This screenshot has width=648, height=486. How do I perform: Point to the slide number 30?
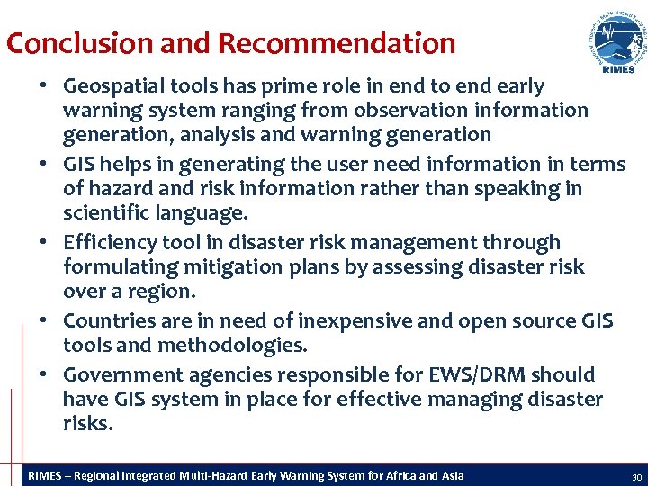[x=636, y=476]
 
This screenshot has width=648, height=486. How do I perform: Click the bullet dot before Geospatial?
[x=43, y=87]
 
